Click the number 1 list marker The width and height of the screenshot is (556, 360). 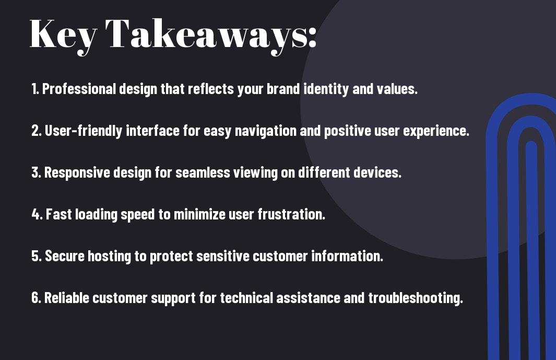coord(35,89)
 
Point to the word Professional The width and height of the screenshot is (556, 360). coord(79,89)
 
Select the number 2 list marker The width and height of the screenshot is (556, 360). coord(36,131)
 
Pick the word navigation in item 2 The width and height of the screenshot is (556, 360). coord(266,131)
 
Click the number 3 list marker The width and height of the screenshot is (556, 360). coord(36,172)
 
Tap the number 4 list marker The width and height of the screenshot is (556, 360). coord(37,214)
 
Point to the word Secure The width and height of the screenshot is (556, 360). coord(64,256)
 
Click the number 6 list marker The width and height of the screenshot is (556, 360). coord(36,298)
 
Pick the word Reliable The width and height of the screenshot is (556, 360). coord(67,298)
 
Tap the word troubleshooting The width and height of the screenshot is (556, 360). coord(416,298)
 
